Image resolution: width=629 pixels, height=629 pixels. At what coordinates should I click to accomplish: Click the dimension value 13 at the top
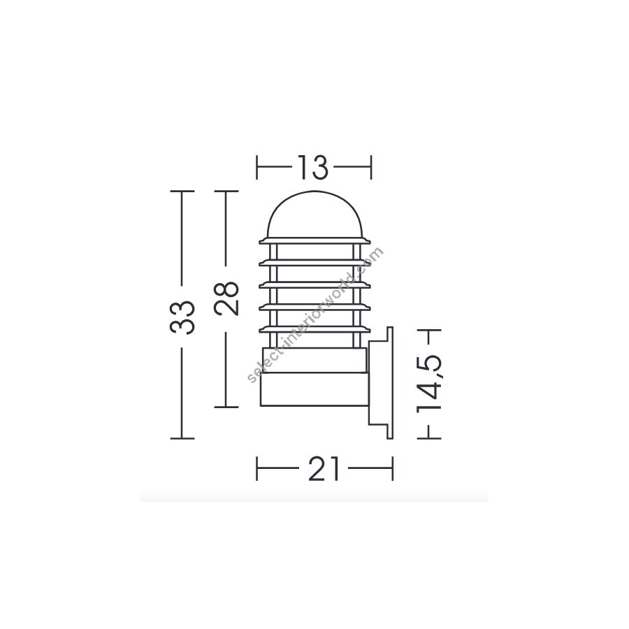312,167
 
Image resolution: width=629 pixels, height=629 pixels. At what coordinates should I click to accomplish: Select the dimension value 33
182,317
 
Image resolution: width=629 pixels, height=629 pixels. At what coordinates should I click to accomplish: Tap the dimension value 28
226,298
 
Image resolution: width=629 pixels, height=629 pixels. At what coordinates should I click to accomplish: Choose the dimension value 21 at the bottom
324,468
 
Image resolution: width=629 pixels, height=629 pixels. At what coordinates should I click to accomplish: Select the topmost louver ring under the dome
314,240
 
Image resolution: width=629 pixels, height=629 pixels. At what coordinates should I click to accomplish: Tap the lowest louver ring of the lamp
314,330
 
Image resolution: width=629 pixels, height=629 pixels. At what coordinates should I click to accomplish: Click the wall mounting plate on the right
381,383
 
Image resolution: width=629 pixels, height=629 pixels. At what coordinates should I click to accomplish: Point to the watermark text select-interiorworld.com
316,315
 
